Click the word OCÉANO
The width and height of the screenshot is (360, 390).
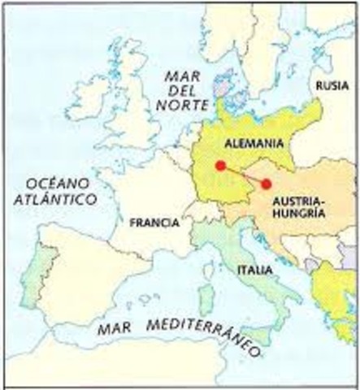point(50,180)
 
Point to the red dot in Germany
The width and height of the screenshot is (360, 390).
point(220,165)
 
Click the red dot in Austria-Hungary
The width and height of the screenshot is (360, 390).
point(266,184)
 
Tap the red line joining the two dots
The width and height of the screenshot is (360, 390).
point(243,175)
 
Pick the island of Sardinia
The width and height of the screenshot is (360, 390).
point(206,300)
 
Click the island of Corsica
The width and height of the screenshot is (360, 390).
point(209,269)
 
